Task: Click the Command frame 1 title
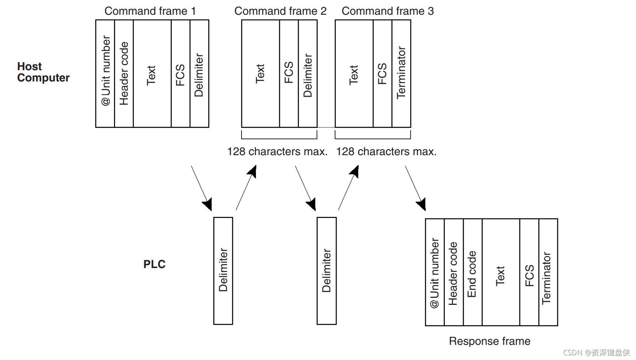[150, 11]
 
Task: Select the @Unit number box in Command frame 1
[105, 73]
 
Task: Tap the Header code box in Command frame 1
[124, 73]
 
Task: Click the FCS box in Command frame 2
[289, 73]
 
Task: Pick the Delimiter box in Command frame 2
[308, 73]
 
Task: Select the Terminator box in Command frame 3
[401, 73]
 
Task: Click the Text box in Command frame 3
[354, 73]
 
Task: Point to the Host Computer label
[43, 72]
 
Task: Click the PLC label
[154, 264]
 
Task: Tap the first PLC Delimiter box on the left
[223, 270]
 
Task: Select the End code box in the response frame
[472, 272]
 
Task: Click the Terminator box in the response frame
[548, 272]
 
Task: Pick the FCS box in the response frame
[529, 272]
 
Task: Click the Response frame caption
[489, 341]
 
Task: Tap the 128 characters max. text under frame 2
[277, 151]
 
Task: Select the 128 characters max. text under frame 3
[386, 151]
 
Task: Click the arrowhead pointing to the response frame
[422, 204]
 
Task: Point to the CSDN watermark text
[596, 353]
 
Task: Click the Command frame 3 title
[387, 11]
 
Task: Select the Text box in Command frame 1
[152, 73]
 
